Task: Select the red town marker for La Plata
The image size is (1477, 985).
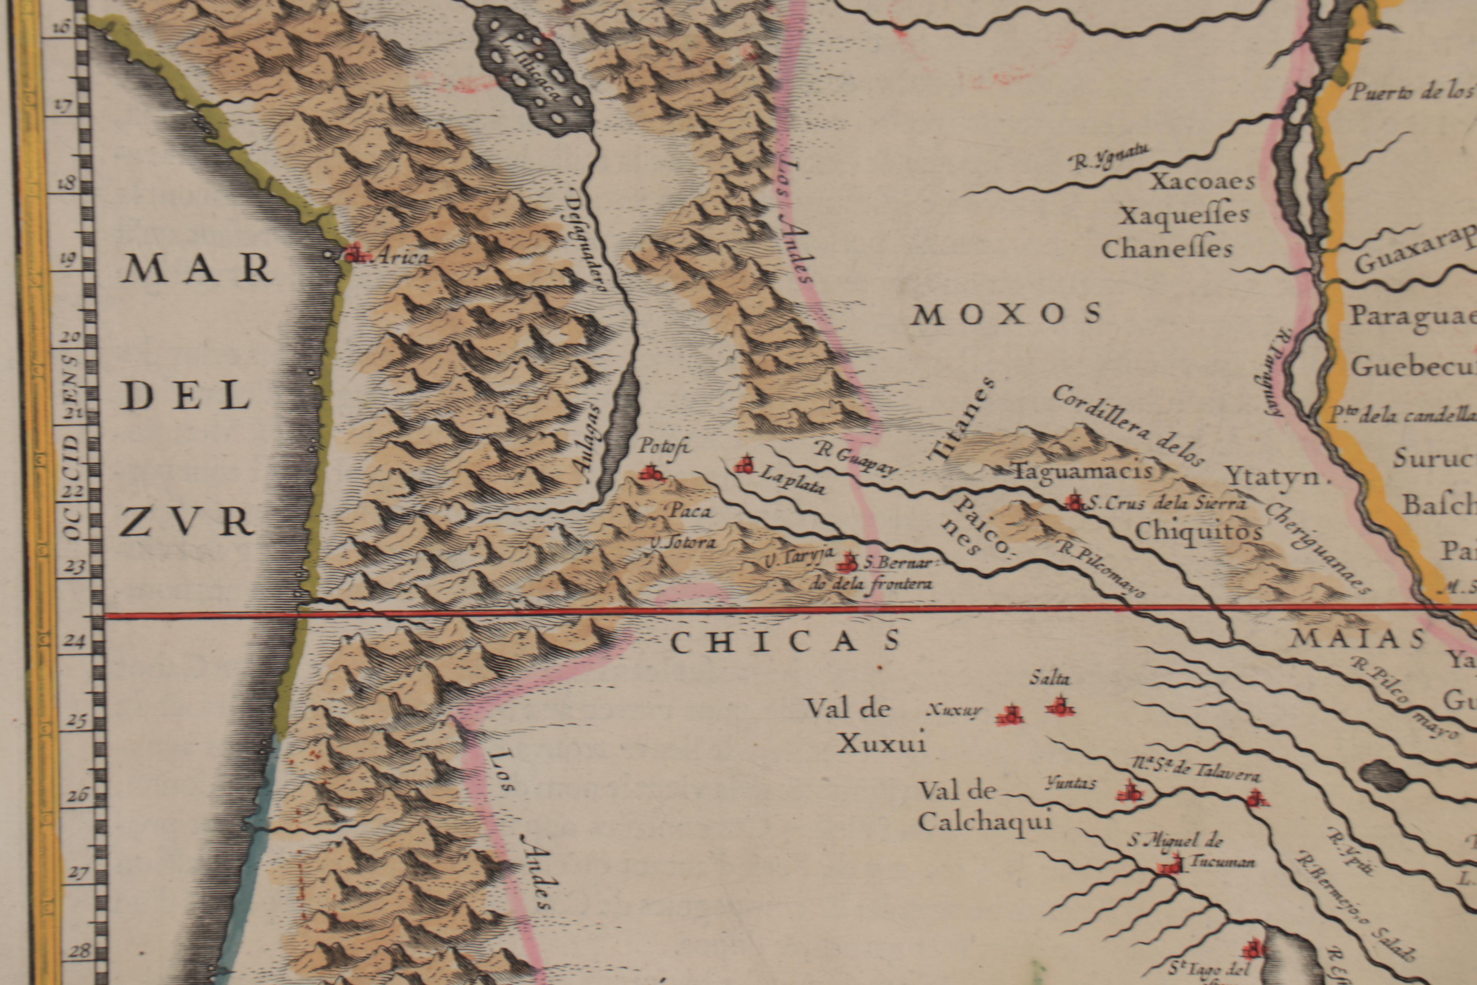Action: coord(746,465)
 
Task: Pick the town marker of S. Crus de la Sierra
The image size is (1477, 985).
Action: coord(1074,501)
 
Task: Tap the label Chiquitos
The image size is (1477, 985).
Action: coord(1198,533)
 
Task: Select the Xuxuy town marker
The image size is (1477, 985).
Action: coord(1011,715)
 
